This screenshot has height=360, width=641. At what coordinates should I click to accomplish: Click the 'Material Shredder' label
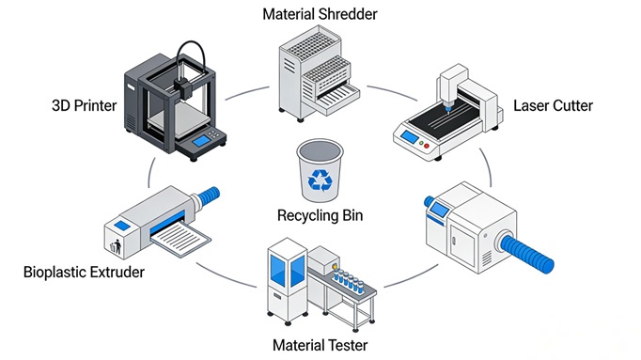[x=320, y=14]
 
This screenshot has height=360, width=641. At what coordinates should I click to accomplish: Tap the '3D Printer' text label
[x=85, y=106]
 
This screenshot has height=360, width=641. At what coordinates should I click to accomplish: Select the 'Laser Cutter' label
[x=553, y=106]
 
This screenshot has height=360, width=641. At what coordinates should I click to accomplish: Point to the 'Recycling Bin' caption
[x=320, y=215]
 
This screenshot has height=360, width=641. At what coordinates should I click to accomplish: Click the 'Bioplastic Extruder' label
[x=84, y=273]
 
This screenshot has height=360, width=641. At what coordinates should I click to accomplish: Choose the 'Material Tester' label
[x=320, y=345]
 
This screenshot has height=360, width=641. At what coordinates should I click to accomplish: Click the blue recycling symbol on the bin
[x=320, y=180]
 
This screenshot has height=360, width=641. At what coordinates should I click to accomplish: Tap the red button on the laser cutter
[x=427, y=146]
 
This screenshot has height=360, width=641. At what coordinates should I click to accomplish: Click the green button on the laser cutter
[x=421, y=143]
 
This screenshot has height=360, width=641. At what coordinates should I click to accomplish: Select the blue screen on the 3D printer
[x=201, y=141]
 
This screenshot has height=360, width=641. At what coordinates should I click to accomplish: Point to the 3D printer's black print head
[x=182, y=87]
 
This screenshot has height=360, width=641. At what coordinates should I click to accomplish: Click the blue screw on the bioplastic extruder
[x=208, y=196]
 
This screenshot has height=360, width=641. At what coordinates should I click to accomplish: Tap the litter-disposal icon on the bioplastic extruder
[x=116, y=246]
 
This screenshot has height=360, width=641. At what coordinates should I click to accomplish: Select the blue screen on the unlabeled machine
[x=439, y=210]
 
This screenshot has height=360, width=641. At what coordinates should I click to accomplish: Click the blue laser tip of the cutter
[x=448, y=108]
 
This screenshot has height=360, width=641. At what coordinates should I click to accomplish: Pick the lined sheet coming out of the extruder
[x=180, y=239]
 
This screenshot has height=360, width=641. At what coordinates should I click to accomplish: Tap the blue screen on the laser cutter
[x=410, y=137]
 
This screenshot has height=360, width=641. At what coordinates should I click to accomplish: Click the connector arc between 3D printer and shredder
[x=246, y=92]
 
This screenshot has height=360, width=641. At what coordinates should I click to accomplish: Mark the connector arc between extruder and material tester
[x=226, y=276]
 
